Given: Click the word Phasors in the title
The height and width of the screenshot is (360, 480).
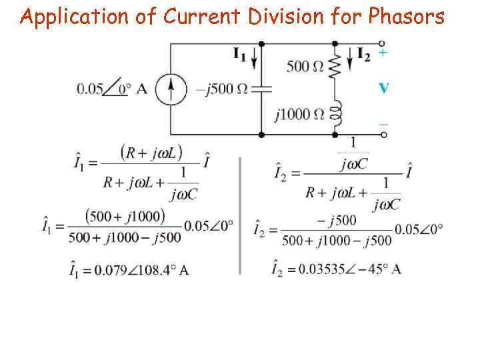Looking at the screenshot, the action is pyautogui.click(x=406, y=16).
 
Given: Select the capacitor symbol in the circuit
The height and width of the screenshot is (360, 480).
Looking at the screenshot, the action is pyautogui.click(x=261, y=88).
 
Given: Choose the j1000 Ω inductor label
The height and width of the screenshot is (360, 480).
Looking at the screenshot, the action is pyautogui.click(x=300, y=114).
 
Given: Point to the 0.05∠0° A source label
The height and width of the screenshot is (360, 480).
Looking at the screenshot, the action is pyautogui.click(x=112, y=89).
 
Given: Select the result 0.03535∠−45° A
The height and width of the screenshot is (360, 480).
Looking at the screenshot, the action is pyautogui.click(x=337, y=269).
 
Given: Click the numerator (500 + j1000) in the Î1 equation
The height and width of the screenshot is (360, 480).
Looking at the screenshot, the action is pyautogui.click(x=125, y=217).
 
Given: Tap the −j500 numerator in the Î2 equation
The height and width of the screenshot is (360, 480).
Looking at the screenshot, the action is pyautogui.click(x=337, y=219).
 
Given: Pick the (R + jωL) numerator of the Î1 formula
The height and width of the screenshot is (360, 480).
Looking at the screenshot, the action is pyautogui.click(x=151, y=152).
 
